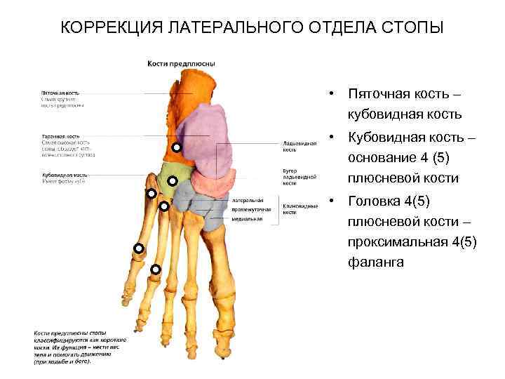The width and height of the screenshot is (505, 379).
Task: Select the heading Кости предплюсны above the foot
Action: click(x=180, y=64)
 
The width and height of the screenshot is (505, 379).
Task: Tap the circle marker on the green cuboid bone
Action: click(x=172, y=180)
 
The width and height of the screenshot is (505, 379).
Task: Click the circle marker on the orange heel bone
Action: click(x=177, y=147)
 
